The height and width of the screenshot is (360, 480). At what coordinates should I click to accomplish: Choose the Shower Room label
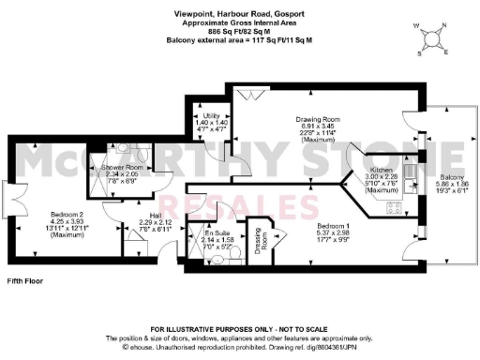coord(121,165)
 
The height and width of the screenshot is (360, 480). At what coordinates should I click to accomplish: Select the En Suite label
coord(200,233)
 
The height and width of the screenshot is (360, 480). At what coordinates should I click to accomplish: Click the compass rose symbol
coord(432,37)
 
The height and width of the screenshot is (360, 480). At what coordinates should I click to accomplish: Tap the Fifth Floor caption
coord(23,280)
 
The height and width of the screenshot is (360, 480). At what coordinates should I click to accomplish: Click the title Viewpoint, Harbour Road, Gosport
coord(239,14)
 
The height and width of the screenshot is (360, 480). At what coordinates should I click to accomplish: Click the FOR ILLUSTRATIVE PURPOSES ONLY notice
coord(239,328)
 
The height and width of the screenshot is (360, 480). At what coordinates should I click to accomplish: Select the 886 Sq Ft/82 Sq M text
coord(239,34)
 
